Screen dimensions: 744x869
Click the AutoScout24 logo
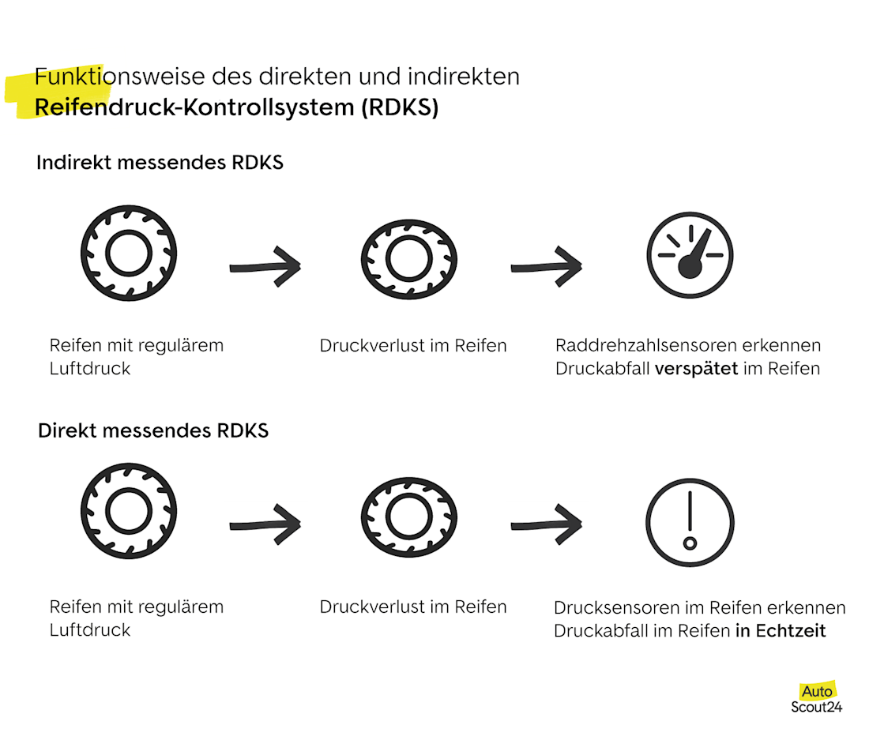816,699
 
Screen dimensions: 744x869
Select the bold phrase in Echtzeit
781,631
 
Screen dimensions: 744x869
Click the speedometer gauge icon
690,256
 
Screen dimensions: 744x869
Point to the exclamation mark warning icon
690,522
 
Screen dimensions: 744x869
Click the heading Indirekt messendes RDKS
160,163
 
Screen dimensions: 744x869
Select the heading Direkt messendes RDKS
153,430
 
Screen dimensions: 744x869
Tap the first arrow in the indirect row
265,267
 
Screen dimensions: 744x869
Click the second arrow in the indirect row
547,267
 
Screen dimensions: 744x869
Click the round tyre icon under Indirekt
129,254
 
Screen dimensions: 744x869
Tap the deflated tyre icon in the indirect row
409,257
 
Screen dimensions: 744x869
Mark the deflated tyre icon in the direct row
409,517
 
